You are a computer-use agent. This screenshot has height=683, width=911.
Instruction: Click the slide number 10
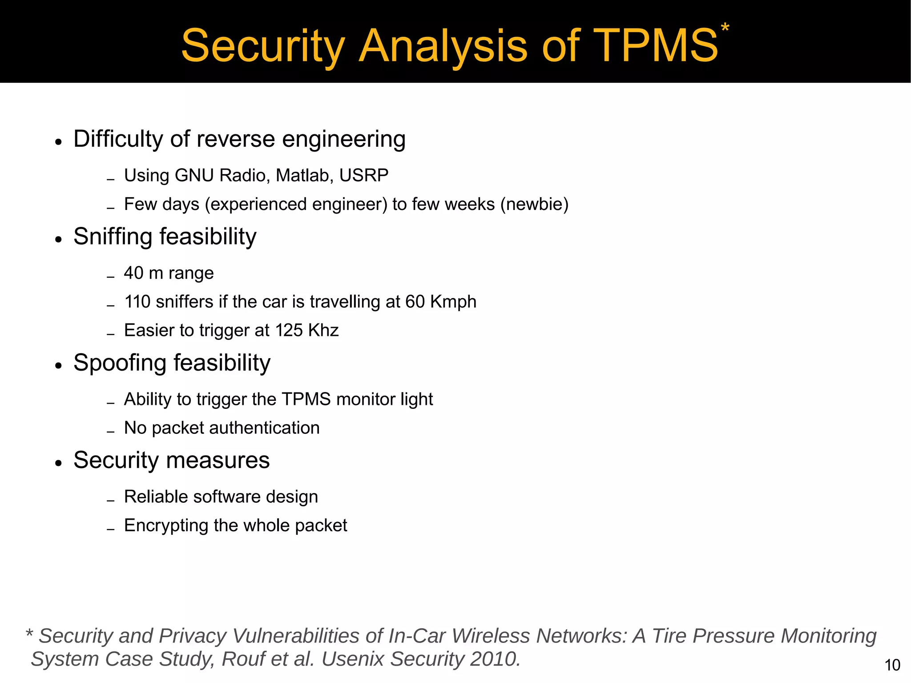point(892,665)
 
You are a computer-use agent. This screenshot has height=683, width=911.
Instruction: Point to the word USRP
point(364,175)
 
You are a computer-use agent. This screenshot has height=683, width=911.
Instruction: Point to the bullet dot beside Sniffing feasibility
point(58,239)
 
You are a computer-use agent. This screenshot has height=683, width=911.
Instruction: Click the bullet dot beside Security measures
point(58,463)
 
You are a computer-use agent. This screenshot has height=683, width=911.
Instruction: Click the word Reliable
point(155,497)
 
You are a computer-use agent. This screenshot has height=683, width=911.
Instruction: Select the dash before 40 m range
point(111,277)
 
